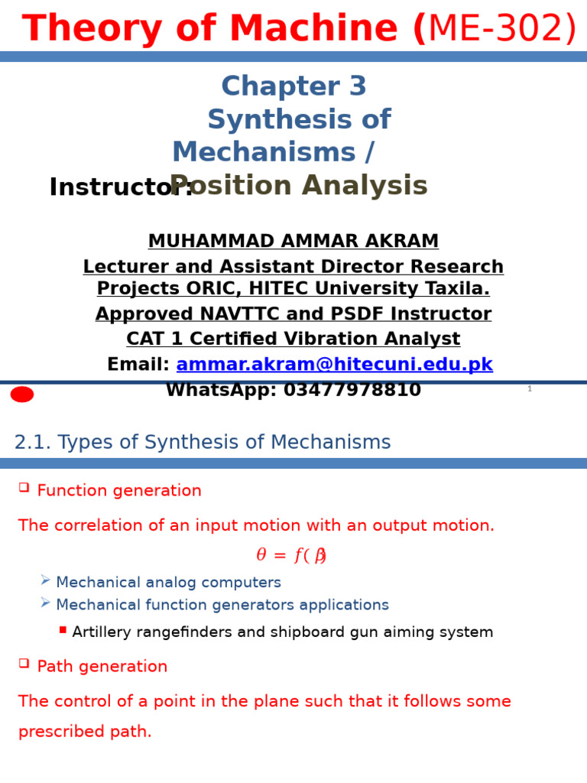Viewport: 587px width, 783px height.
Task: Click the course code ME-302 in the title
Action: click(x=501, y=29)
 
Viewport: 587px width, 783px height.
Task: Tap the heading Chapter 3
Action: click(x=293, y=86)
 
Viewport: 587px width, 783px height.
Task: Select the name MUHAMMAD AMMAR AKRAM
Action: click(x=293, y=242)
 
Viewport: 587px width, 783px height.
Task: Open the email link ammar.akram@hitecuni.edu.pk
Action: click(x=334, y=365)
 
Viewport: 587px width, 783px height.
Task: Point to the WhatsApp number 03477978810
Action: click(x=352, y=390)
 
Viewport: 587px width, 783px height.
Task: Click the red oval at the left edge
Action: click(x=22, y=395)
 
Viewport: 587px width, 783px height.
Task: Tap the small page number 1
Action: click(x=529, y=389)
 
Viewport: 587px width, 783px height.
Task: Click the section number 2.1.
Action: click(x=32, y=443)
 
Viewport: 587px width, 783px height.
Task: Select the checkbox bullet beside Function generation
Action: click(x=24, y=487)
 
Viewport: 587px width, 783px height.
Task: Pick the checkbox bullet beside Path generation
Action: click(x=24, y=663)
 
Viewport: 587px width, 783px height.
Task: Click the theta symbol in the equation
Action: click(x=261, y=556)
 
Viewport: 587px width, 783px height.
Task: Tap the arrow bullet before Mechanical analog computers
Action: click(x=45, y=580)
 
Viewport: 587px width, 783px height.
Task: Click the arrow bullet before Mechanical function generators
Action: click(x=45, y=603)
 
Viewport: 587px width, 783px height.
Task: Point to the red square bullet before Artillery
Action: click(x=63, y=630)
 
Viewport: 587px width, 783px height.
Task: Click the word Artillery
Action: click(x=102, y=632)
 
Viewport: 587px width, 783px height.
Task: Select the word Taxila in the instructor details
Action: click(x=459, y=289)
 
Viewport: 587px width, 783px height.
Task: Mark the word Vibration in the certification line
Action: click(x=358, y=340)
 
